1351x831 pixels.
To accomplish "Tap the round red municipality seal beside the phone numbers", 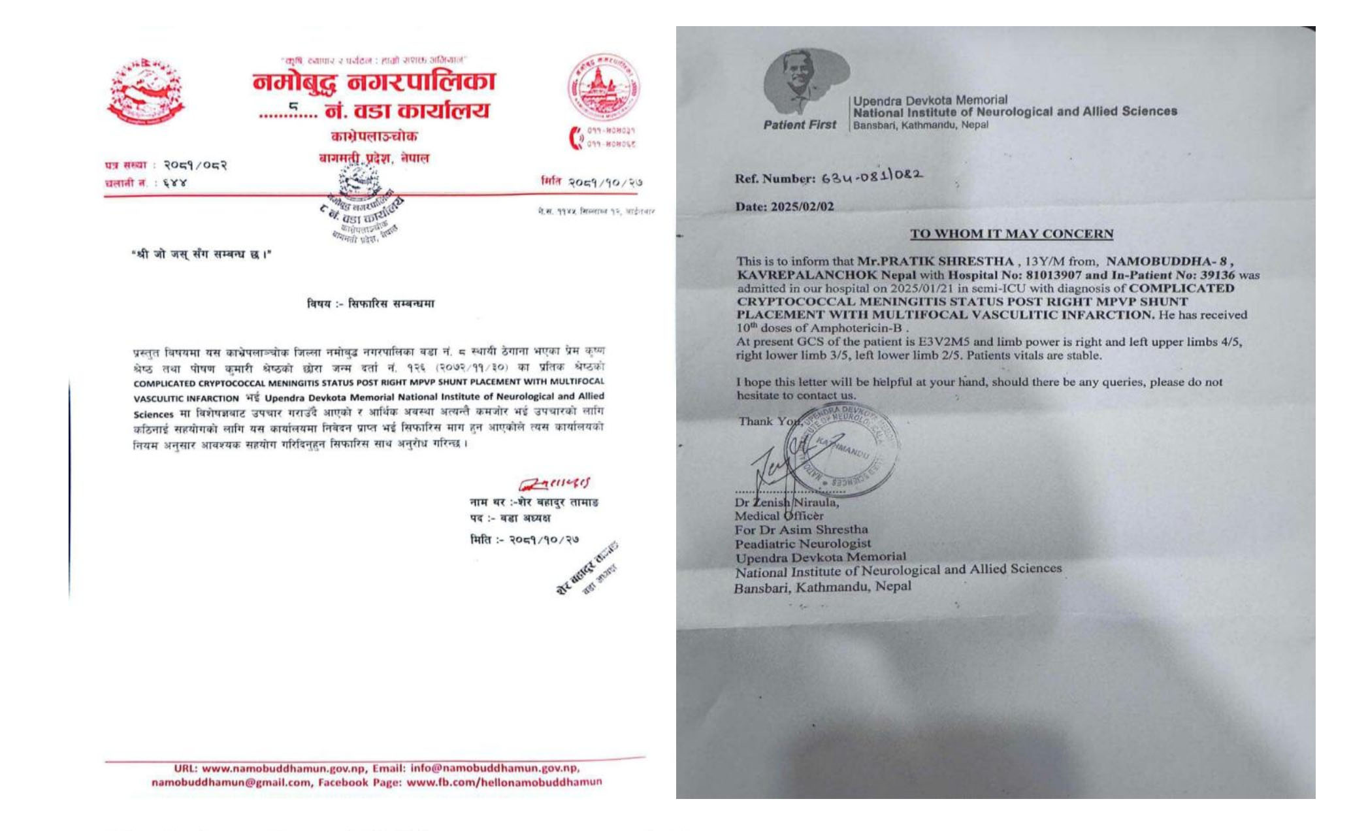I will click(602, 87).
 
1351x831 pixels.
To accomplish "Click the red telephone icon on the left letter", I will click(576, 138).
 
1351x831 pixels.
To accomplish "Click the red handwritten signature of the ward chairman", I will click(554, 484).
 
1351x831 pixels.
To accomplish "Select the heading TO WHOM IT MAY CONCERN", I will click(1011, 234).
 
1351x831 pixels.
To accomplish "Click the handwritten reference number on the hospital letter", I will click(871, 176).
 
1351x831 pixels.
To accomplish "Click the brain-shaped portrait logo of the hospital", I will click(805, 82).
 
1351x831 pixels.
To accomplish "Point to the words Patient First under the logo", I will click(799, 125).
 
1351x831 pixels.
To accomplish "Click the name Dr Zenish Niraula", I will click(787, 502).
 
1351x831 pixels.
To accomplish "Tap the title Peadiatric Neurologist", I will click(802, 544).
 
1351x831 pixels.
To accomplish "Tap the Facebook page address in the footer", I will click(504, 782).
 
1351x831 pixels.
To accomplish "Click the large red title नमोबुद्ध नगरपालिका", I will click(374, 82).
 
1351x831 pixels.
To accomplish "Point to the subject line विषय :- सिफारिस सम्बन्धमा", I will click(370, 304).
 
